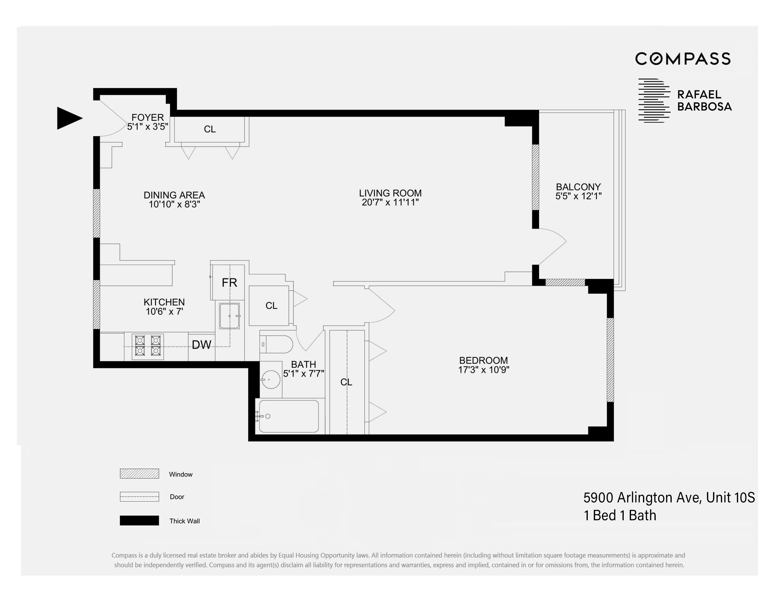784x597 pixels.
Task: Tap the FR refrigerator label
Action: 229,283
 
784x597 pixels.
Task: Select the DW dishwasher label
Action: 201,345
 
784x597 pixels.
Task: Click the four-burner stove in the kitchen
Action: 148,347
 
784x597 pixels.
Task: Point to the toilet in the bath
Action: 278,344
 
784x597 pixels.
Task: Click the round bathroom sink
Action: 271,379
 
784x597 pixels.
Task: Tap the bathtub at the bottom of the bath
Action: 288,416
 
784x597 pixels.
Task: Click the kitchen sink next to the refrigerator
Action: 229,316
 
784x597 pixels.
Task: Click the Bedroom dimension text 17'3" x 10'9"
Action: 483,370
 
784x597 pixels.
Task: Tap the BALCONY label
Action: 578,187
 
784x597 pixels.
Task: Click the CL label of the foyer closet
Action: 210,129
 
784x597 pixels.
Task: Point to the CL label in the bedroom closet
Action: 346,382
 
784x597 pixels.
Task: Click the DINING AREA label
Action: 174,195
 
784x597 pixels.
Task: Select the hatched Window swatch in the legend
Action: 139,474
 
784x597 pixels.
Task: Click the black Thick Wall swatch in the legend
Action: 139,521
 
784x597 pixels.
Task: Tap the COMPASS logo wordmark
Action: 683,59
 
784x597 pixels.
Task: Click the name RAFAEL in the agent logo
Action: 699,95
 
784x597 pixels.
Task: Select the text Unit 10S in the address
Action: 730,498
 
